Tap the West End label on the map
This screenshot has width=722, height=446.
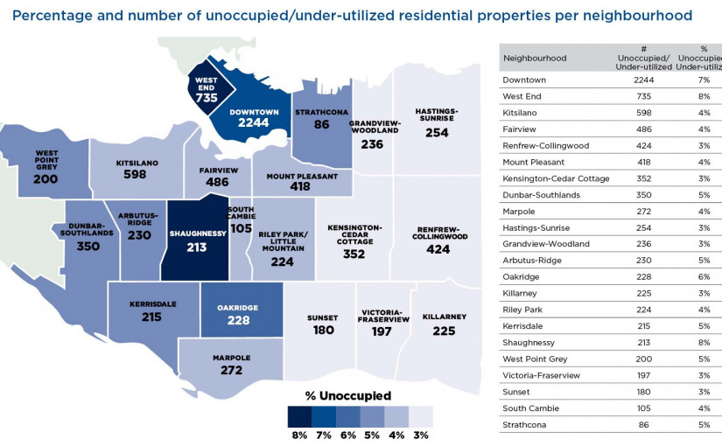coord(207,84)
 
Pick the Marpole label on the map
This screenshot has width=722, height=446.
coord(232,358)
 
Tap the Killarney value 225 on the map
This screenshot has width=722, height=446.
coord(445,331)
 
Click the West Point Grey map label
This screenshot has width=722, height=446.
coord(46,158)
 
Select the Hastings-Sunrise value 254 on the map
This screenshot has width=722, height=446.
coord(437,133)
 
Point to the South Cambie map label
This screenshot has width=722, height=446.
coord(241,214)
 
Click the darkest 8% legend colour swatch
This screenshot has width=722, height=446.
coord(299,415)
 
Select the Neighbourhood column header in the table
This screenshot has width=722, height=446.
coord(534,59)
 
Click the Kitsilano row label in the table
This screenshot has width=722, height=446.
coord(522,113)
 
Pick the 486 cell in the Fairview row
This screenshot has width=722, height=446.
coord(643,129)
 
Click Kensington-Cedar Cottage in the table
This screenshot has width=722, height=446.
coord(556,178)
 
